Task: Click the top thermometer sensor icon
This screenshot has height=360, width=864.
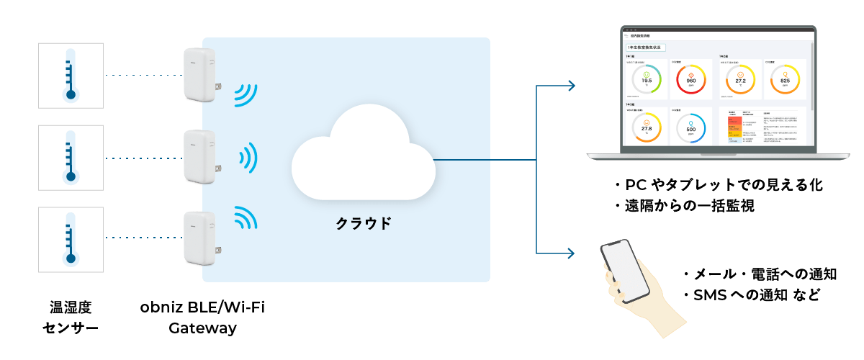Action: coord(71,74)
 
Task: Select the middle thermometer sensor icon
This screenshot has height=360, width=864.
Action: coord(71,158)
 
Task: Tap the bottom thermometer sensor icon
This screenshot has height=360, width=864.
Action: coord(71,240)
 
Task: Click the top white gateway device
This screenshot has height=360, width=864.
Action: coord(199,75)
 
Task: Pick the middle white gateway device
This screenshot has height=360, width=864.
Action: coord(199,158)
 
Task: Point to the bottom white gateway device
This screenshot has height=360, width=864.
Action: coord(199,239)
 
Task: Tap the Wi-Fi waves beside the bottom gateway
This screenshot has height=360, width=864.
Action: coord(244,217)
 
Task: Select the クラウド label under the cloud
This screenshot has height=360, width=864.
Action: coord(363,222)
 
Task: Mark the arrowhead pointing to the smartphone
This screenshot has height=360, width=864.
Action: coord(571,253)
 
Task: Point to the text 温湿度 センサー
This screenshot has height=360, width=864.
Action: coord(71,318)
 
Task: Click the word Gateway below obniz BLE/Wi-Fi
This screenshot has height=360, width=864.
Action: coord(202,328)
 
